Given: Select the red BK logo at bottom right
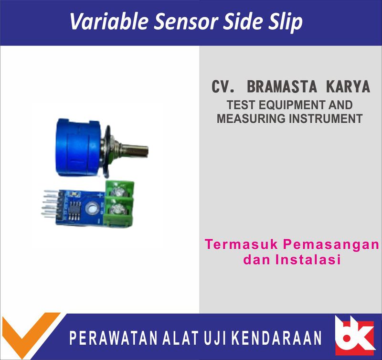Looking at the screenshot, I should coord(354,336).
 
